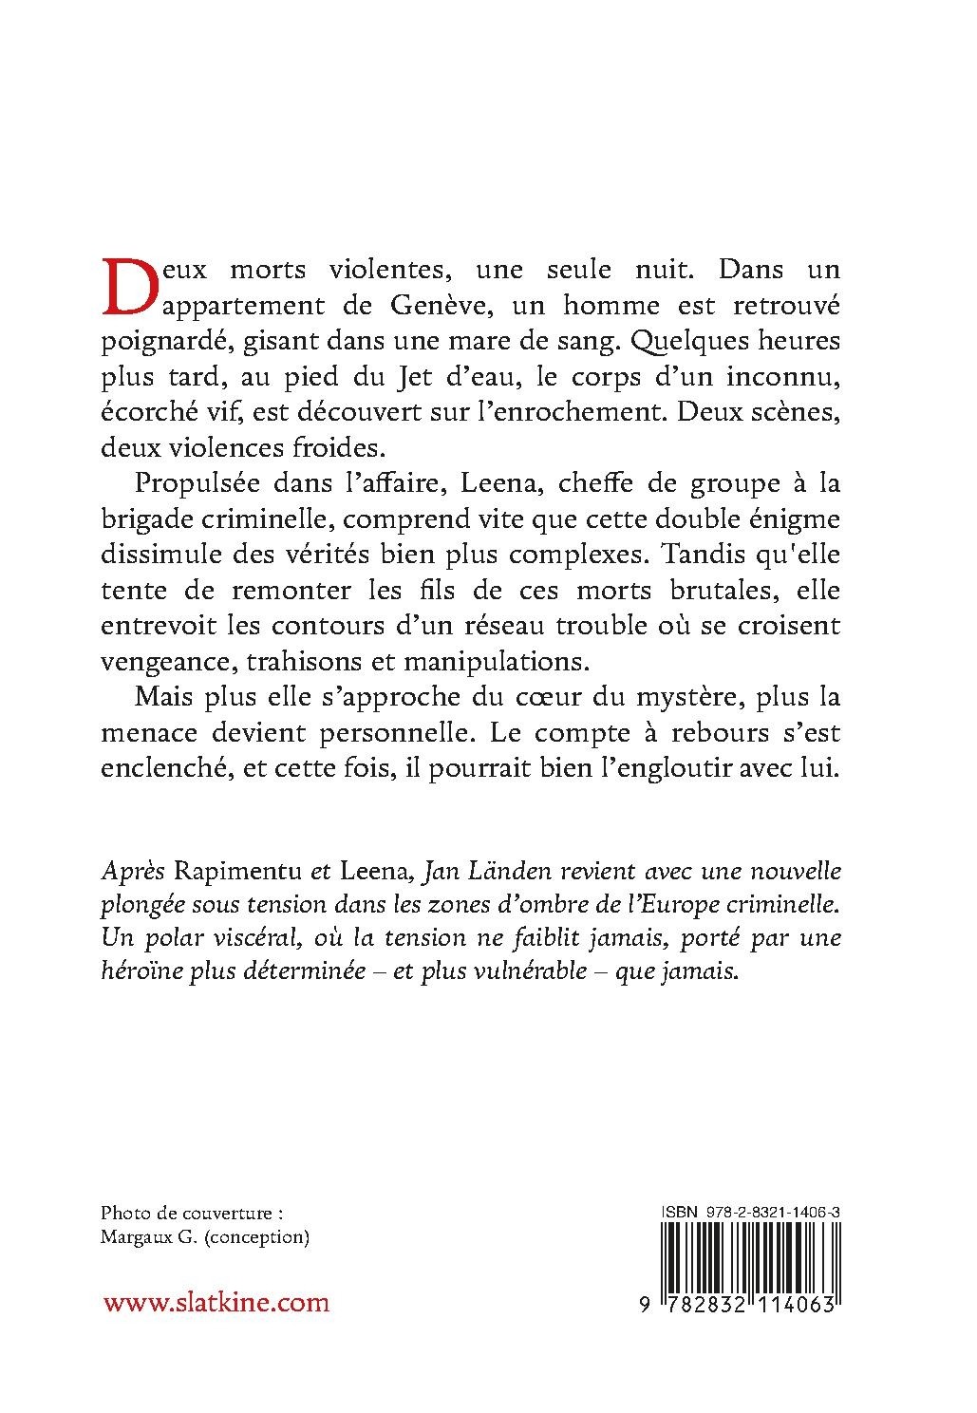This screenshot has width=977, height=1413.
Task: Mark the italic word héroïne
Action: tap(134, 973)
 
